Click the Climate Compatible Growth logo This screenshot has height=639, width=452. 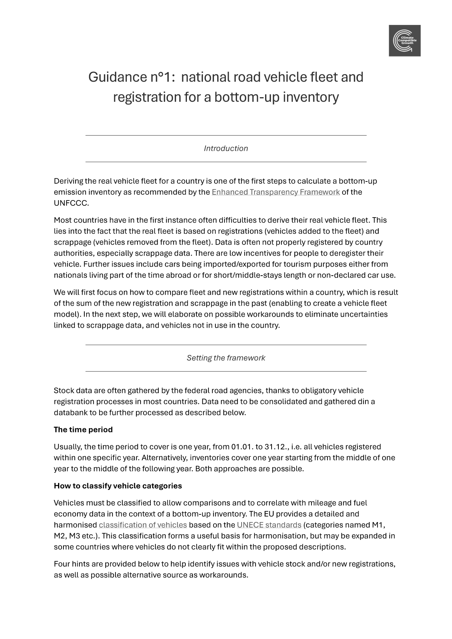[404, 41]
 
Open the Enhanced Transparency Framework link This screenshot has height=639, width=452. [275, 192]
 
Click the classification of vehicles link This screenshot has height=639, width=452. [143, 525]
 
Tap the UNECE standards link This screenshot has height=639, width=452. [269, 525]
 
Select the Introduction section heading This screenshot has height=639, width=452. [226, 148]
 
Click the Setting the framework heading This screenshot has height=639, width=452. [226, 358]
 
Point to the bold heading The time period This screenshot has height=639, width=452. [83, 430]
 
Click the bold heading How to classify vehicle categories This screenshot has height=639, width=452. [118, 486]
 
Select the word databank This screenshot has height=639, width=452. [70, 413]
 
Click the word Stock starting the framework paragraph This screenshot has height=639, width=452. [64, 391]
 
